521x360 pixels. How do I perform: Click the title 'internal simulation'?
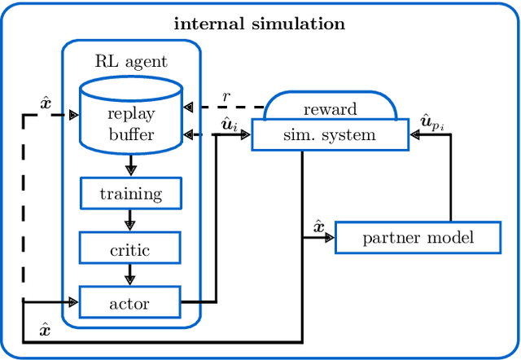pos(260,24)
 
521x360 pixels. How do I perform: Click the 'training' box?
pos(130,194)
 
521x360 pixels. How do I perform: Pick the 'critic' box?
pos(130,248)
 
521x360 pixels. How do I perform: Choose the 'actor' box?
pos(130,303)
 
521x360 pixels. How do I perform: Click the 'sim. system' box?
pos(329,135)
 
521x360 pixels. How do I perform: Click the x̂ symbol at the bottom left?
pos(45,331)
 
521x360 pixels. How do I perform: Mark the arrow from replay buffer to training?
pos(130,166)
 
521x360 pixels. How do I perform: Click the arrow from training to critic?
pos(130,222)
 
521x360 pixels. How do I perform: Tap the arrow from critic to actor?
pos(130,275)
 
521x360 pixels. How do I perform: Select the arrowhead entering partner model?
pos(329,239)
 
